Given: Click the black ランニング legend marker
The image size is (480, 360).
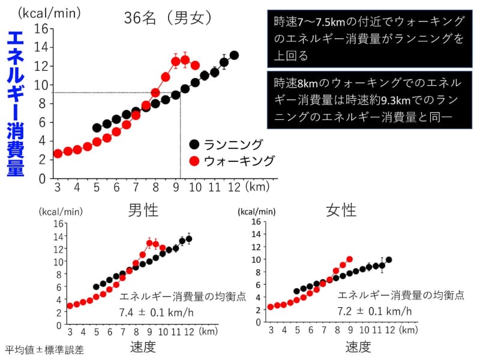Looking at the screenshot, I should point(194,144).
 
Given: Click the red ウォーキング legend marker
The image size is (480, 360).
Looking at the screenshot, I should point(194,161).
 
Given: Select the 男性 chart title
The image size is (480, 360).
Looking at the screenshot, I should point(143,210).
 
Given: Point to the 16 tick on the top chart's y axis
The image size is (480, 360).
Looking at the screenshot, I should point(41,28).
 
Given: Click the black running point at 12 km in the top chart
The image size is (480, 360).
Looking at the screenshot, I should point(234,55).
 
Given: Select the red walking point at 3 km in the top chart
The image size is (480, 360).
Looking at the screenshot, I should point(58,154).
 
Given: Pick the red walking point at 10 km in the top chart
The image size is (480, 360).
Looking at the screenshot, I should point(194,65).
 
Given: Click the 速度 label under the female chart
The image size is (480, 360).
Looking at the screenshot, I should point(358,347).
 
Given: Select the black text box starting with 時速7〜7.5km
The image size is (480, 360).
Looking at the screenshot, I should point(367,39).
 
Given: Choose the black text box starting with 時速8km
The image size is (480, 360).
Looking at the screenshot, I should point(367,100).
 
